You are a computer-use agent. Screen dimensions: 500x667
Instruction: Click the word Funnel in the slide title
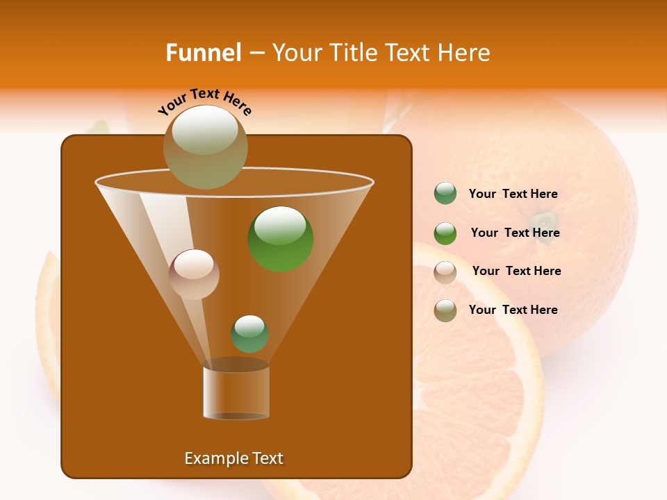tap(203, 53)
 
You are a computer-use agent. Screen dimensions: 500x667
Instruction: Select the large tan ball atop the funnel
tap(206, 147)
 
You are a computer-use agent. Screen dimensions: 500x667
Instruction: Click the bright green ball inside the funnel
tap(281, 239)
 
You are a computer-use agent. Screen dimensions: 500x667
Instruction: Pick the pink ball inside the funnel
tap(195, 274)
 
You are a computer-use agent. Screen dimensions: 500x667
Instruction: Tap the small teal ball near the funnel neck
tap(250, 333)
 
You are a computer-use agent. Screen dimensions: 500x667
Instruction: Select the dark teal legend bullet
tap(445, 194)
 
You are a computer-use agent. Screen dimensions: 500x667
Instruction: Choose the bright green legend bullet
tap(445, 233)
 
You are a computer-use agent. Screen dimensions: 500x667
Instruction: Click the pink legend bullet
tap(445, 272)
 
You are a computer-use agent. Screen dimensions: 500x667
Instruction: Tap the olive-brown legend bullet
tap(445, 310)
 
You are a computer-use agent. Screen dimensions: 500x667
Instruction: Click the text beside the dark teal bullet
tap(513, 194)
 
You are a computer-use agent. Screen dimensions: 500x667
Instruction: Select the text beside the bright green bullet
tap(515, 233)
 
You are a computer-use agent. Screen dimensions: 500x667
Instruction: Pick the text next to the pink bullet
tap(516, 272)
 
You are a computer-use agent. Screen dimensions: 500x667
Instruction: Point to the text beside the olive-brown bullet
tap(513, 310)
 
